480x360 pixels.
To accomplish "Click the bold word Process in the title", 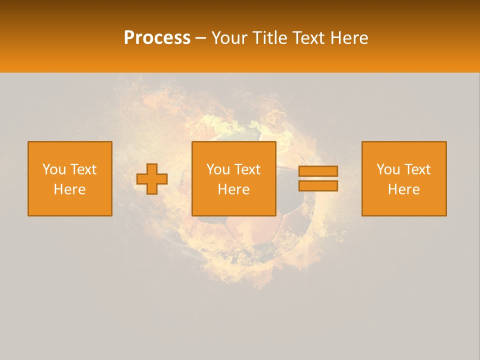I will point(157,38).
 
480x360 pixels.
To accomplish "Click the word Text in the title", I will point(308,38).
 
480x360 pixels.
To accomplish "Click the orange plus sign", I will point(152,179).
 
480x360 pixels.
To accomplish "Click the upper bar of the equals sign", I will point(318,171).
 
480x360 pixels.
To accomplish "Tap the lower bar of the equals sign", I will point(318,186).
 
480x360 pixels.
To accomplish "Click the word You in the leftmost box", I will point(54,169).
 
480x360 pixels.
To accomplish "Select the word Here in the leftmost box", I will point(69,189).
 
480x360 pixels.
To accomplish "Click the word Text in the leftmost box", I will point(82,169).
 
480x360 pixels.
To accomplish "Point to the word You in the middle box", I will point(218,169).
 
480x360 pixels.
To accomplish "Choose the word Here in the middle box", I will point(233,189).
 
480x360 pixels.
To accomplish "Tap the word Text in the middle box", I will point(246,169).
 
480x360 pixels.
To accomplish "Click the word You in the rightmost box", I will point(388,169).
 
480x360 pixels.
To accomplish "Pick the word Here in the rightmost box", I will point(403,189).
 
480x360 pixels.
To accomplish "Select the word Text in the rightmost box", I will point(416,169).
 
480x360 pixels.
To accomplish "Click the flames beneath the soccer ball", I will point(255,272).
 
